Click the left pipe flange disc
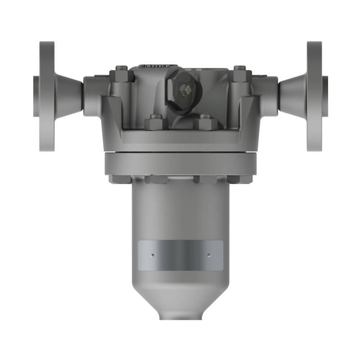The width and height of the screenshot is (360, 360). tap(47, 96)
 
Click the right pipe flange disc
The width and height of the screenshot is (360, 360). tap(314, 96)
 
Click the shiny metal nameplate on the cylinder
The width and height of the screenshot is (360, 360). tap(180, 256)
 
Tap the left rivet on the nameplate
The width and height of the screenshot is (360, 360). tap(152, 255)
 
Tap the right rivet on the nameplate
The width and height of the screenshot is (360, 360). tap(209, 255)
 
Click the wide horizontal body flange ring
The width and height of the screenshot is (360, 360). tap(180, 164)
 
